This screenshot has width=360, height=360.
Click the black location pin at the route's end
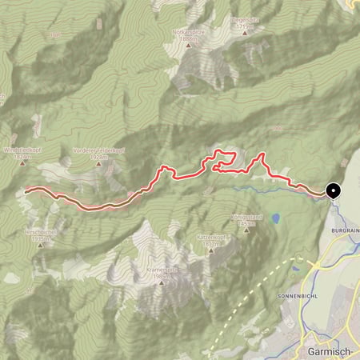coord(332,191)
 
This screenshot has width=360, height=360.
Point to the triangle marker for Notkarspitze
coord(190,45)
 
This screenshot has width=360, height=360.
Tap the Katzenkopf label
coord(211,238)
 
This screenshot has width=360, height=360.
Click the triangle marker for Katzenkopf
coord(211,250)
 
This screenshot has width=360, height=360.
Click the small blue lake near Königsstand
coord(275,218)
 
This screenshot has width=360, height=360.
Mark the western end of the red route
coord(26,190)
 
